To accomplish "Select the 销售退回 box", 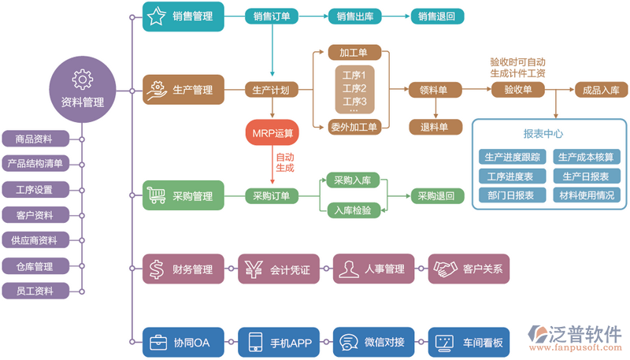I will (x=437, y=16).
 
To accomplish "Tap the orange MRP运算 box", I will (x=270, y=132).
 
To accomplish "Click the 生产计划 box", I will (x=270, y=90).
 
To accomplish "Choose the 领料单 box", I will (x=434, y=90).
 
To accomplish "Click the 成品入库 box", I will (x=601, y=90).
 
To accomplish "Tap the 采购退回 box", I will (x=436, y=195).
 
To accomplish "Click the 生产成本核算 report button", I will (x=587, y=157).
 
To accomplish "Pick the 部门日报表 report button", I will (x=510, y=195).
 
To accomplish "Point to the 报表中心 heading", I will (x=543, y=134).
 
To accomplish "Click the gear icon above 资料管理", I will (x=82, y=79).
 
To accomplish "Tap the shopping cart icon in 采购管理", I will (x=157, y=195).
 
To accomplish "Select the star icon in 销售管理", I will (x=157, y=16).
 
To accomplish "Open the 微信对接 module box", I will (x=373, y=343).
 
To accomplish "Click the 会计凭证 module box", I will (x=278, y=269).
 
